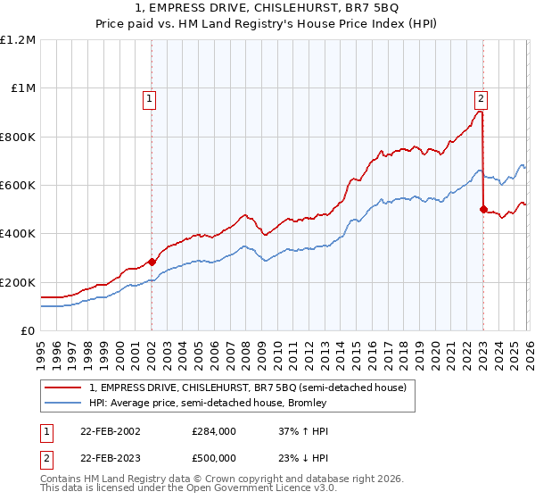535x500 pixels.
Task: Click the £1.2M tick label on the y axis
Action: pos(18,40)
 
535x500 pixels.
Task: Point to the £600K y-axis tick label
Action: pos(18,186)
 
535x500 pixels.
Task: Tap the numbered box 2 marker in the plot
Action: pos(481,99)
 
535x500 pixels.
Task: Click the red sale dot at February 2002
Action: pos(152,262)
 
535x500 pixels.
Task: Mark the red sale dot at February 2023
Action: pos(483,210)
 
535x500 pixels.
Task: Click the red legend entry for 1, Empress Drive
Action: pos(248,387)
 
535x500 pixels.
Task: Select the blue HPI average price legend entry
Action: pos(208,403)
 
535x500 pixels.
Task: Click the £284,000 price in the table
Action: pos(213,430)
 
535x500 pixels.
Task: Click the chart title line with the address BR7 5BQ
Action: pos(267,10)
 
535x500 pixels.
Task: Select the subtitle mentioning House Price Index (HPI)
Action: pos(267,26)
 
